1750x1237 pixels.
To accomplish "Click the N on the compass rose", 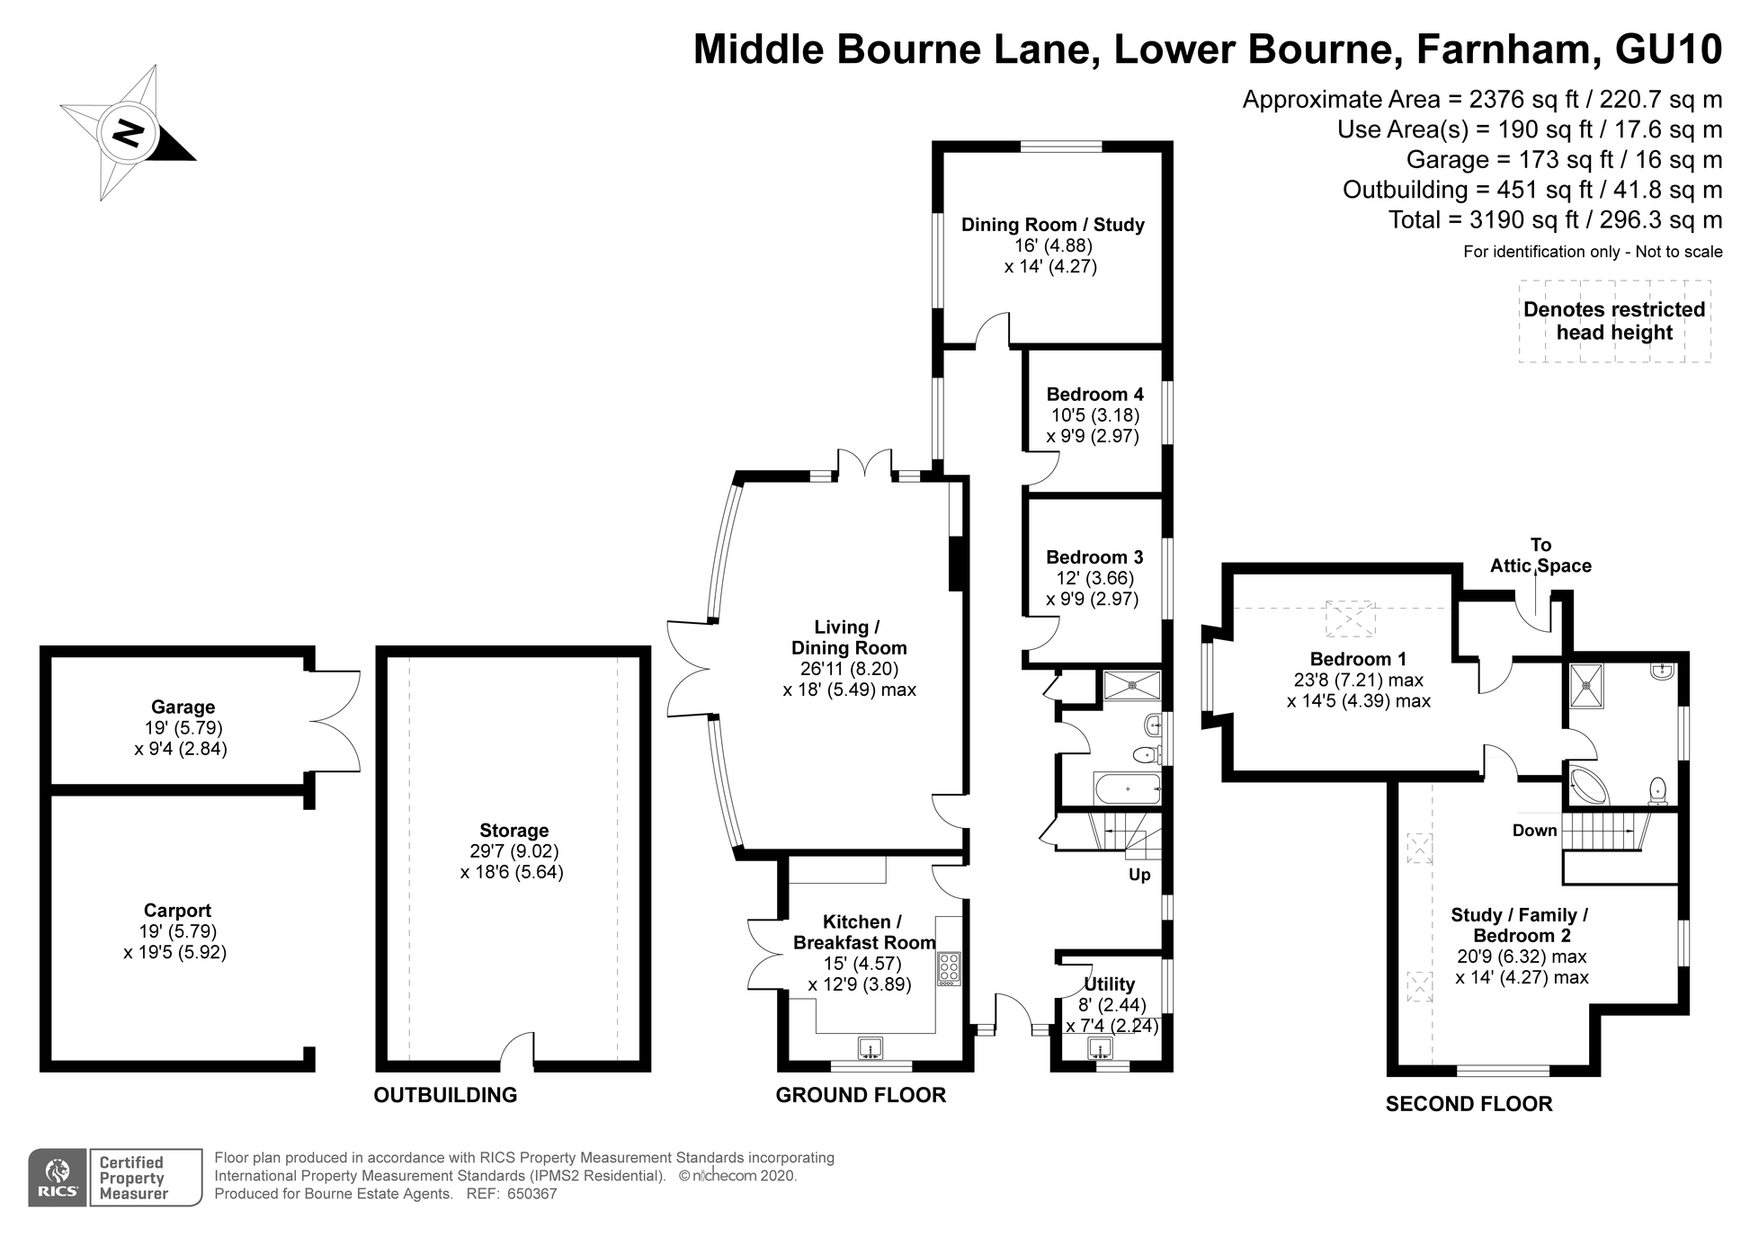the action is click(129, 133).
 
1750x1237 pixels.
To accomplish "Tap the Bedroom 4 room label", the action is click(1094, 395).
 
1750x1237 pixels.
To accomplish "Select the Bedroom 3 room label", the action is click(1094, 557).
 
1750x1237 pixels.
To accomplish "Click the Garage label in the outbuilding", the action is click(183, 707).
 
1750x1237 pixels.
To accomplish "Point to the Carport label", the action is click(177, 911).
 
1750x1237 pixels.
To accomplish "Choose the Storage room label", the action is click(513, 831).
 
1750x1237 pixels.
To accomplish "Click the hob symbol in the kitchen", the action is click(949, 968).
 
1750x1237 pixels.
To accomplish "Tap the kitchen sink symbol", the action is click(870, 1048).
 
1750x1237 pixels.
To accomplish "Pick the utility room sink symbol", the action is click(1099, 1048).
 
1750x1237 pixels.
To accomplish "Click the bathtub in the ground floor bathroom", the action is click(1127, 788).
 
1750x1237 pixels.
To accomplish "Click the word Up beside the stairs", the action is click(1139, 875).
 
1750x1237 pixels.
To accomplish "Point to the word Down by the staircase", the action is click(1534, 831).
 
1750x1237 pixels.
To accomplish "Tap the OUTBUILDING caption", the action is click(445, 1095).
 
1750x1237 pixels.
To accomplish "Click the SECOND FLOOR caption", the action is click(1469, 1104).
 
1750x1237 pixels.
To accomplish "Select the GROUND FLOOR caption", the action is click(861, 1095).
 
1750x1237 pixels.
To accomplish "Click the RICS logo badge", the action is click(58, 1178).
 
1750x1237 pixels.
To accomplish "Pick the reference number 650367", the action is click(532, 1194).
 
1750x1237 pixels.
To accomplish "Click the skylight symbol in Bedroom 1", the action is click(1351, 618).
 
